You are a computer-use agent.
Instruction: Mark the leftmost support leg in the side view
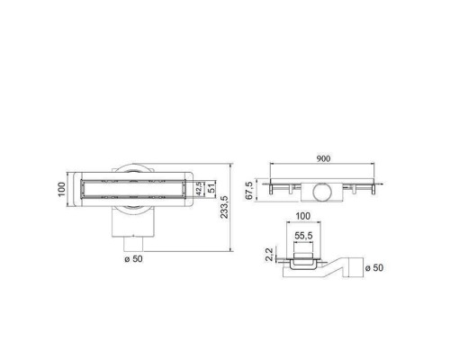pos(274,189)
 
